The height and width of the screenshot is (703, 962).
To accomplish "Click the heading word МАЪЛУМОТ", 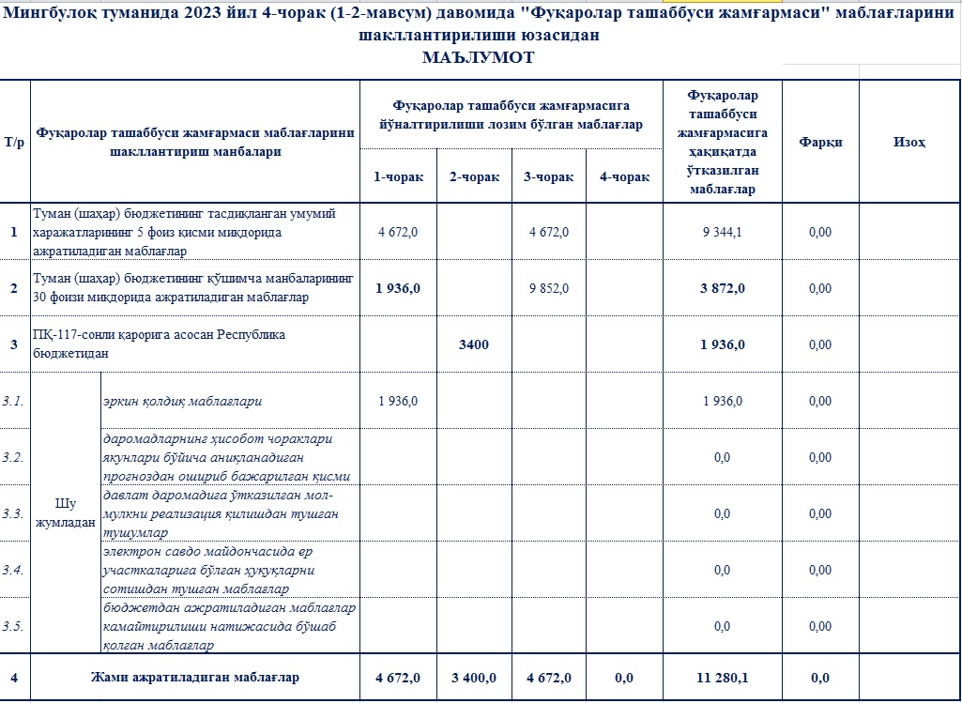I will [479, 57].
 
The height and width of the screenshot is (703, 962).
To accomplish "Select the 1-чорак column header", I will [398, 177].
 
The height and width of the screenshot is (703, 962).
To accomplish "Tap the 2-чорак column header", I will [474, 177].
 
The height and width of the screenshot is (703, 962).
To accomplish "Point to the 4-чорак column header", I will [624, 177].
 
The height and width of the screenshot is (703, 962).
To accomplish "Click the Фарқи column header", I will [820, 142].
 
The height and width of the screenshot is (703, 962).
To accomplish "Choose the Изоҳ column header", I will [909, 142].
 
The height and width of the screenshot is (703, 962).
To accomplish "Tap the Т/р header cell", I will [15, 142].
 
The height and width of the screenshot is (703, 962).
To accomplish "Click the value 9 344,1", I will [722, 232].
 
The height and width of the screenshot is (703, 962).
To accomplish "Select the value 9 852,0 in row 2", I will [548, 288].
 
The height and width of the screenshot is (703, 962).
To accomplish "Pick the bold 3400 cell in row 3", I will [474, 344].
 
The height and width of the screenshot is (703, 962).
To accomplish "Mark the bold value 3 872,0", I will [722, 288].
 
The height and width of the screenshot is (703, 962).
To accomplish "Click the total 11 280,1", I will [722, 678].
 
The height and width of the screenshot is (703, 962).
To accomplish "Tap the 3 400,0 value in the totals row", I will [474, 678].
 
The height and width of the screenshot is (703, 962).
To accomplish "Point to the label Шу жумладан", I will [65, 513].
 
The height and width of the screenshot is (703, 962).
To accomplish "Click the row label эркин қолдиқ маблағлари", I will [183, 401].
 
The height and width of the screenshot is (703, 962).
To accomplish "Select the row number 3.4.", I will [15, 570].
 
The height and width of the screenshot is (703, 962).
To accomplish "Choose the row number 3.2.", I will [15, 457].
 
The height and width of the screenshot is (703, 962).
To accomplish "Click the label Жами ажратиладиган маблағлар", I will [194, 677].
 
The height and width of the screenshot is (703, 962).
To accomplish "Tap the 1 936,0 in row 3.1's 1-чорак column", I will [398, 401].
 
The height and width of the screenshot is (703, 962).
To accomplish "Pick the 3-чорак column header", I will [548, 177].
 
